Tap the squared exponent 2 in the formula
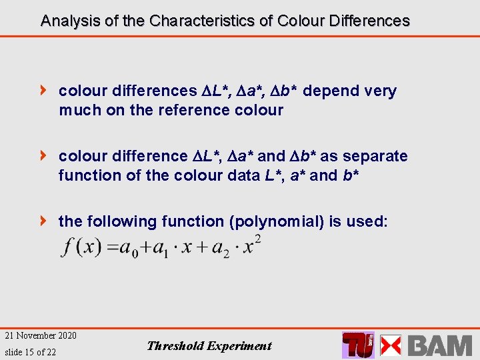(x=257, y=239)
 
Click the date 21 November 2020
(x=41, y=335)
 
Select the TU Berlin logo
(x=358, y=345)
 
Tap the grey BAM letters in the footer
(x=439, y=345)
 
